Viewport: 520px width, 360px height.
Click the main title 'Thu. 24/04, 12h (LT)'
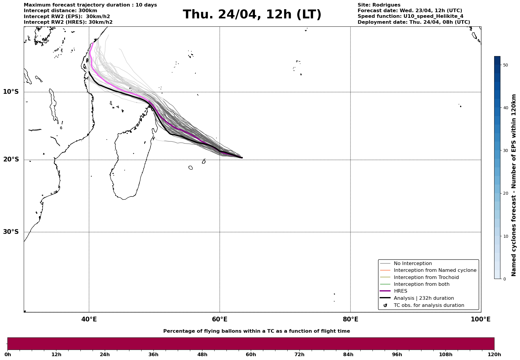[x=252, y=15]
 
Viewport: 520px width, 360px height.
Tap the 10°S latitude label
[x=11, y=92]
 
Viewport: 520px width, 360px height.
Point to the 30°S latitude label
[x=11, y=232]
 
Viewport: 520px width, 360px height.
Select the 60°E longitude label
[x=220, y=319]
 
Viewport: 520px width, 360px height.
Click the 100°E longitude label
[x=481, y=319]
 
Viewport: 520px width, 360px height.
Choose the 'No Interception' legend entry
[x=413, y=264]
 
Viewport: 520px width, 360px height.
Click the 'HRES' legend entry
[x=400, y=291]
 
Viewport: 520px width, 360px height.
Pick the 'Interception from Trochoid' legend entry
[x=426, y=277]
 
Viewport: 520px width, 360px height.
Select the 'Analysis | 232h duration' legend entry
[x=424, y=298]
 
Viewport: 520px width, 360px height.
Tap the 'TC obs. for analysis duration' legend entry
[x=429, y=305]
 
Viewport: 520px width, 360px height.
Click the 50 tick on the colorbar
[x=505, y=65]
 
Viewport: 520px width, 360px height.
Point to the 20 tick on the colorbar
[x=505, y=194]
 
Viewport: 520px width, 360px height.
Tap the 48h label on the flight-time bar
[x=202, y=355]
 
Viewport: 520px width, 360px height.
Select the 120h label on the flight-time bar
[x=494, y=355]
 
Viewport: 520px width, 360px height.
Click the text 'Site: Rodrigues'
[x=379, y=5]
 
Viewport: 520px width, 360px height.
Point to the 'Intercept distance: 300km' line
[x=60, y=11]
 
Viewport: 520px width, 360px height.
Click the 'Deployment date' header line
[x=413, y=22]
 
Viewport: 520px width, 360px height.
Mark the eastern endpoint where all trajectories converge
[x=242, y=158]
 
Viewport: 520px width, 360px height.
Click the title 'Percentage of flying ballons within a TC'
[x=256, y=331]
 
